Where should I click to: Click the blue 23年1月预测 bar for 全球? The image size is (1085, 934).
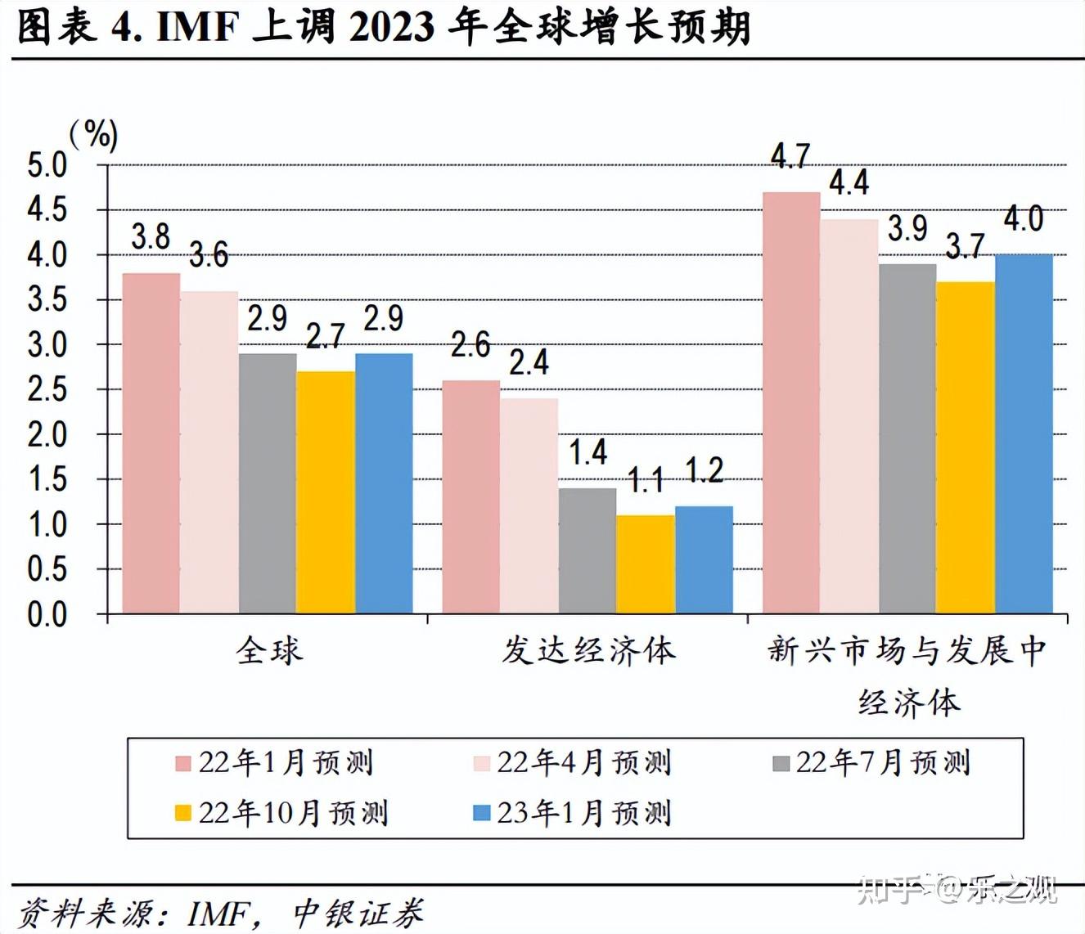click(384, 483)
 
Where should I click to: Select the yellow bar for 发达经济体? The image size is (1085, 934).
click(646, 564)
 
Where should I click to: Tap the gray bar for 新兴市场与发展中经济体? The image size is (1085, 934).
click(907, 438)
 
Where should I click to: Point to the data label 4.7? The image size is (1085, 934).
click(790, 156)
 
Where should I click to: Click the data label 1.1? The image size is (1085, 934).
click(646, 480)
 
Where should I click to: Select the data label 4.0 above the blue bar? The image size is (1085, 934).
click(1024, 219)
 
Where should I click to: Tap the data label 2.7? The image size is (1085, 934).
click(325, 336)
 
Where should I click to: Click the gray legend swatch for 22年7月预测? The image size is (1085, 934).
click(781, 763)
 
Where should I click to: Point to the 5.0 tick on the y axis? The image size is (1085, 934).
click(47, 165)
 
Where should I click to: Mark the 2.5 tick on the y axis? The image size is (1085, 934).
click(47, 389)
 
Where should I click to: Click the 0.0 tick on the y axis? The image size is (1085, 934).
click(47, 614)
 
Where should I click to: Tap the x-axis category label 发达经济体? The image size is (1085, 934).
click(588, 651)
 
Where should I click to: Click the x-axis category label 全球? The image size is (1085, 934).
click(269, 651)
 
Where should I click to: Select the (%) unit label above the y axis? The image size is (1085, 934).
click(94, 133)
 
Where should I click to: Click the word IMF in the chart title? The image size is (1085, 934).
click(197, 27)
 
